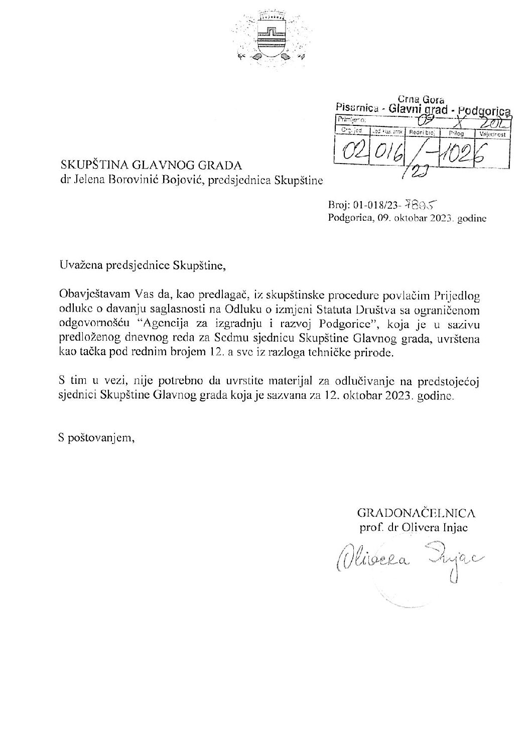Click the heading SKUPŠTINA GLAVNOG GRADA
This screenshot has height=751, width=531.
pyautogui.click(x=151, y=165)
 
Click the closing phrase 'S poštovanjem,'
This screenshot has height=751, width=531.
pyautogui.click(x=96, y=438)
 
